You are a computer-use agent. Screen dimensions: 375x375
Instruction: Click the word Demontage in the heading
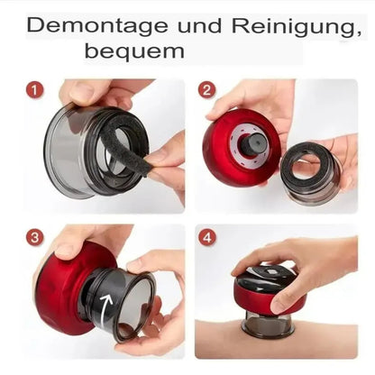[x=97, y=26]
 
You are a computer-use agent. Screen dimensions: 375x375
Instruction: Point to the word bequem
[x=134, y=51]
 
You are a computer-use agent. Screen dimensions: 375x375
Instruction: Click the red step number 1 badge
[x=34, y=90]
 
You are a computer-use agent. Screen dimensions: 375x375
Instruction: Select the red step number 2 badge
[x=207, y=89]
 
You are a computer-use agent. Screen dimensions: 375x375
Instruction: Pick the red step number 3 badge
[x=35, y=238]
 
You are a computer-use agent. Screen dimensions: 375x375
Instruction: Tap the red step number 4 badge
[x=207, y=238]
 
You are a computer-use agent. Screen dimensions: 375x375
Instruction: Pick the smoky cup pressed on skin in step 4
[x=268, y=322]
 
